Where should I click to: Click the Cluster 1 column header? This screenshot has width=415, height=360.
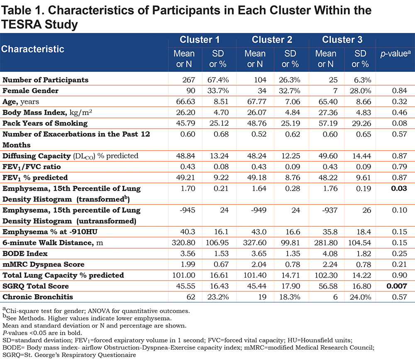tap(200, 40)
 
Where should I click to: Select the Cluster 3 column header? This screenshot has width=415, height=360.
tap(342, 40)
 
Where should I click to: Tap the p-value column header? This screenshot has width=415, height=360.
tap(395, 54)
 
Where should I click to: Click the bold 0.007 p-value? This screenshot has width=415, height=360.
tap(396, 286)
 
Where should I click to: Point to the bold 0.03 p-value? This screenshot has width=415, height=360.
tap(399, 189)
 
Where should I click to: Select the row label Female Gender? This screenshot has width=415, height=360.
tap(30, 91)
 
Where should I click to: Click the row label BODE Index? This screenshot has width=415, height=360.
tap(25, 254)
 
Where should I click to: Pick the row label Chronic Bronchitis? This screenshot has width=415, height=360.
tap(38, 297)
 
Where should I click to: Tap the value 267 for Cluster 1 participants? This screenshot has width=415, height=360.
tap(189, 80)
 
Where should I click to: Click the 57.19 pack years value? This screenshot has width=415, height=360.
tap(328, 123)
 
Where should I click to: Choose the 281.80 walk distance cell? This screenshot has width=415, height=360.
tap(326, 243)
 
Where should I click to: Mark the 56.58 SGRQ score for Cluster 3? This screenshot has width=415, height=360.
tap(328, 286)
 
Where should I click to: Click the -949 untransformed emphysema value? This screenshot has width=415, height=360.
tap(259, 211)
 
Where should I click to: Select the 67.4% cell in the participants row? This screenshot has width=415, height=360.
tap(218, 80)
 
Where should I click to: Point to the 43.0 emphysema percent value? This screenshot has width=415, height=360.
tap(259, 232)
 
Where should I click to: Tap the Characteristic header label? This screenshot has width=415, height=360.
tap(32, 49)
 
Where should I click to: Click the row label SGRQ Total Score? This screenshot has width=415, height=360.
tap(35, 286)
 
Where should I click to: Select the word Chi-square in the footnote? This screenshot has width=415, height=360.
tap(20, 311)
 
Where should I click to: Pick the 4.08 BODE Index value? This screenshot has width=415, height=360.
tap(330, 254)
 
